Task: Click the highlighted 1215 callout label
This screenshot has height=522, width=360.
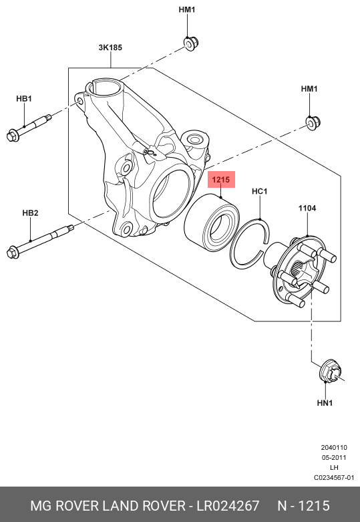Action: [221, 180]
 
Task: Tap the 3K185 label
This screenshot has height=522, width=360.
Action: [110, 47]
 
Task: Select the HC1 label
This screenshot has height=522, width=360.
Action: [260, 191]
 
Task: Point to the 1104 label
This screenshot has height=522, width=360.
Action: [307, 209]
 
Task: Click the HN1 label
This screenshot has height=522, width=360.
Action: [325, 403]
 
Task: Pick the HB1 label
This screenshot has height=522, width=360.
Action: [24, 99]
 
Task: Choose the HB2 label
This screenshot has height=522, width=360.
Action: [30, 213]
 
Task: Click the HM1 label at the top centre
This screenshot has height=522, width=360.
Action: [187, 9]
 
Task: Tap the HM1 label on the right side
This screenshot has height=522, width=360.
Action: [309, 89]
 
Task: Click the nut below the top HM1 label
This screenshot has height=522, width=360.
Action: [191, 43]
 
